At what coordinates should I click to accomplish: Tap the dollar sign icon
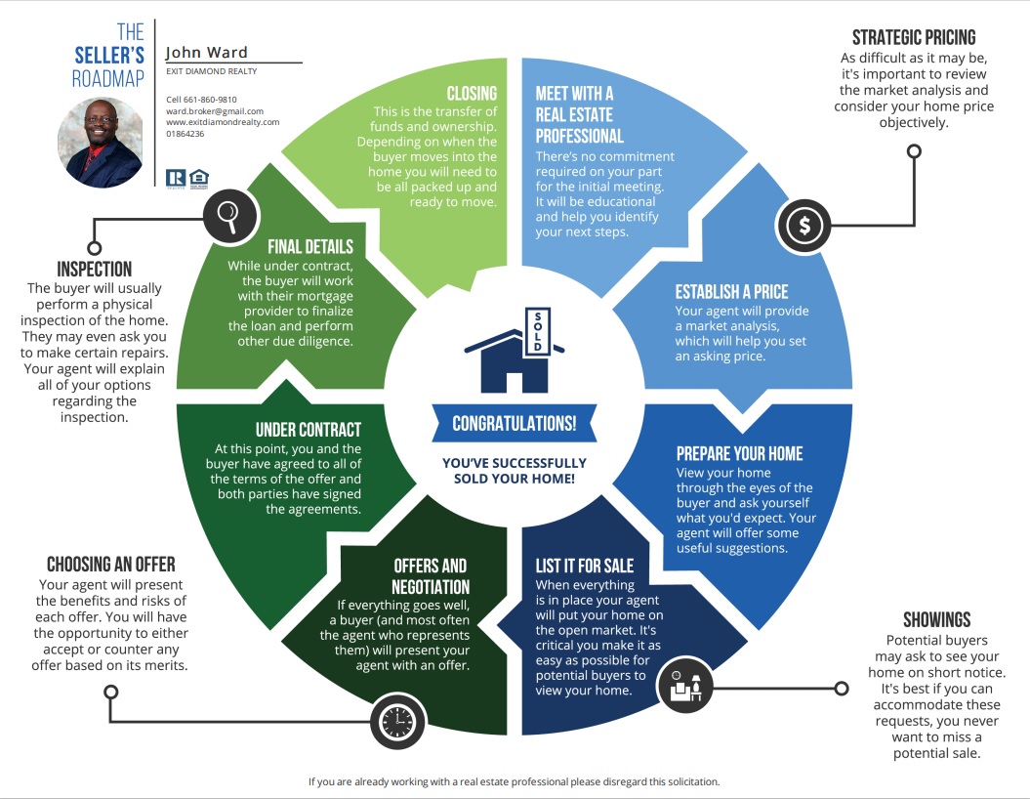804,226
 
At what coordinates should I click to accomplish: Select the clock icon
397,722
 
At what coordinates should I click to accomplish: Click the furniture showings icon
685,685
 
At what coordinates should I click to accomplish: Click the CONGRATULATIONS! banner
515,423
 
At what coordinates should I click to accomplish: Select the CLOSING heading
472,94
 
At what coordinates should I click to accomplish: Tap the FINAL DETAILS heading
310,246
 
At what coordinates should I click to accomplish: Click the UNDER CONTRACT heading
309,430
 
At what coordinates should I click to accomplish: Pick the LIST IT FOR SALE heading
585,566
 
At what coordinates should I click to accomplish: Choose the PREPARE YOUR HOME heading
740,453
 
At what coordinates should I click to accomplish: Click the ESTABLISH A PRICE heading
732,292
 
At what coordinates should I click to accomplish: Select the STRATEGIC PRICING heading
914,37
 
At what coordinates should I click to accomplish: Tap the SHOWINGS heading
936,619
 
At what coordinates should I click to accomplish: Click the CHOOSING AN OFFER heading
111,565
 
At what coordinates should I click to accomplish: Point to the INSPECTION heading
94,270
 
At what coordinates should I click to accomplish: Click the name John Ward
206,53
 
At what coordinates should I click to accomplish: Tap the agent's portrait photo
101,143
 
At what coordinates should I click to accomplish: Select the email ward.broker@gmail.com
215,111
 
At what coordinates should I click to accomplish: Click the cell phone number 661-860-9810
210,100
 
